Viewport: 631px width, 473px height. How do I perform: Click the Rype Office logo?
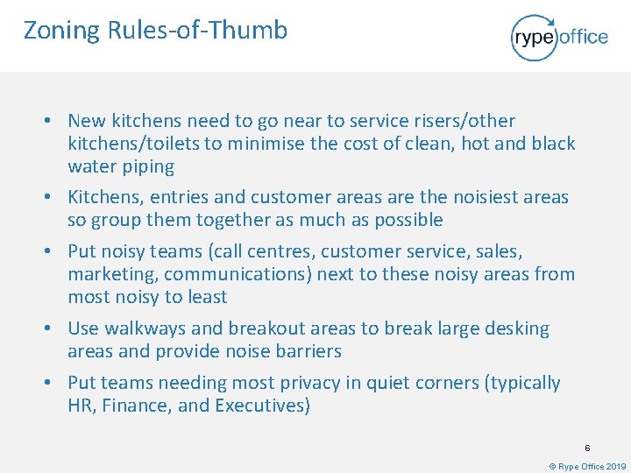[558, 37]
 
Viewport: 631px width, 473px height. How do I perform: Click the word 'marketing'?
[112, 274]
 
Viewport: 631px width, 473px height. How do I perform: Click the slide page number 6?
[588, 448]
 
